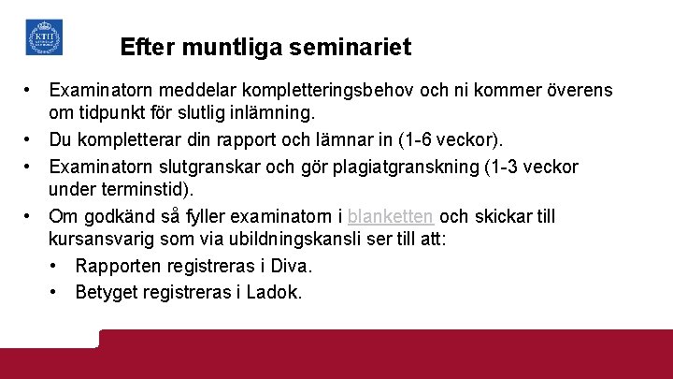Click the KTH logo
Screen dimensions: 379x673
pyautogui.click(x=44, y=37)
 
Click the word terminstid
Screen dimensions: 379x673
pyautogui.click(x=142, y=190)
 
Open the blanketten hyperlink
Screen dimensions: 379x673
pyautogui.click(x=390, y=216)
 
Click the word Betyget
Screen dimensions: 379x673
pyautogui.click(x=106, y=292)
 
